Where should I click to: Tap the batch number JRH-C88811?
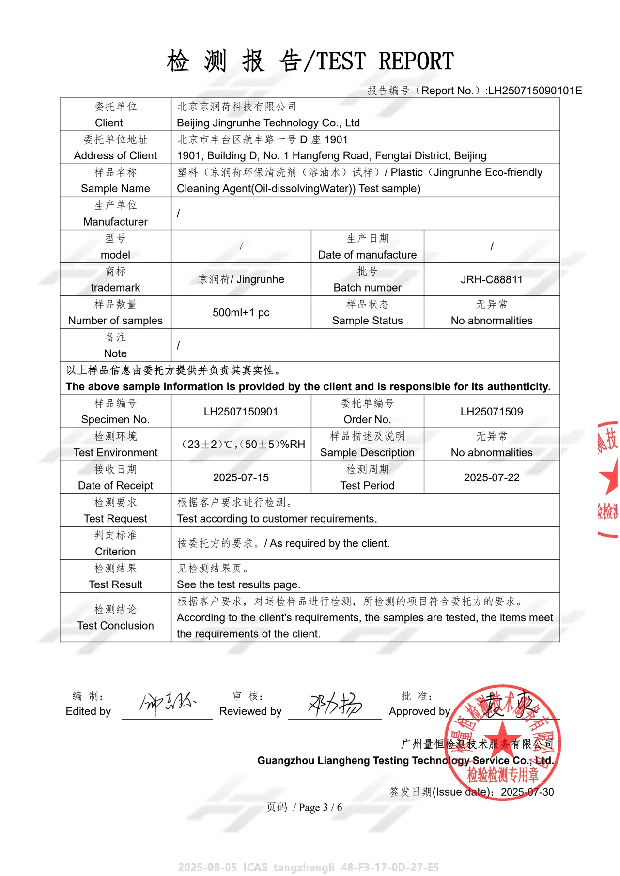(x=491, y=279)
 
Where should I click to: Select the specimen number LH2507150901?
(x=241, y=412)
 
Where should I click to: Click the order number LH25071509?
(x=491, y=412)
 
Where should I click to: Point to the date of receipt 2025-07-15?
(x=241, y=477)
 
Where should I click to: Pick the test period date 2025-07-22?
(x=491, y=477)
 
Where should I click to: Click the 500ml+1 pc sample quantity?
(x=241, y=312)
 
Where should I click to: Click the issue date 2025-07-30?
(x=527, y=792)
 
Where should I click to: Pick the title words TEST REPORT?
(x=416, y=61)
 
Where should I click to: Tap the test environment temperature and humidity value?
(x=243, y=445)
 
